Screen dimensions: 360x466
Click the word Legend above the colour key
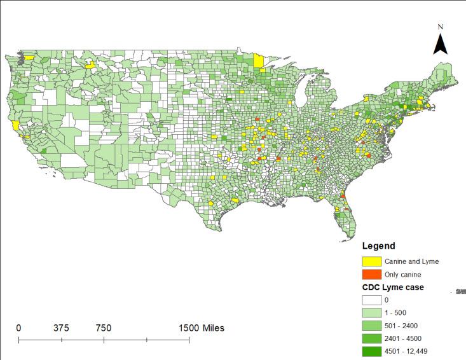pos(378,246)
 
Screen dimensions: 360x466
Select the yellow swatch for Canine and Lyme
pos(371,261)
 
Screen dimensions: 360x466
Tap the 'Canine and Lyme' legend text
pos(411,261)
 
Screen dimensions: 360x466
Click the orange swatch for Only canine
pos(371,274)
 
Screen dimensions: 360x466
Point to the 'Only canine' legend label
pos(402,275)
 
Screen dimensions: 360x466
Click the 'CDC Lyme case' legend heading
pos(393,287)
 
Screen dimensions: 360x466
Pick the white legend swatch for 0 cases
pos(371,300)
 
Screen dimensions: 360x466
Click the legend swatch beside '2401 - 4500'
pos(371,338)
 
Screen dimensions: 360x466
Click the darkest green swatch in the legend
pos(371,351)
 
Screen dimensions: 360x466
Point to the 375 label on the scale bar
pos(61,328)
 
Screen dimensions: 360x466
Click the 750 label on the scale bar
pos(104,328)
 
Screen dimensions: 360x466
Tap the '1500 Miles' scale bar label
pos(201,328)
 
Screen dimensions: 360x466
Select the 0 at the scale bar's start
pos(18,328)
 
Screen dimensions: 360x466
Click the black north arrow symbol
pos(441,45)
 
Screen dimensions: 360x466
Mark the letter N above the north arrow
pos(441,27)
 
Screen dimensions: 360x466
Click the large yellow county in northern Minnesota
pos(259,61)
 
